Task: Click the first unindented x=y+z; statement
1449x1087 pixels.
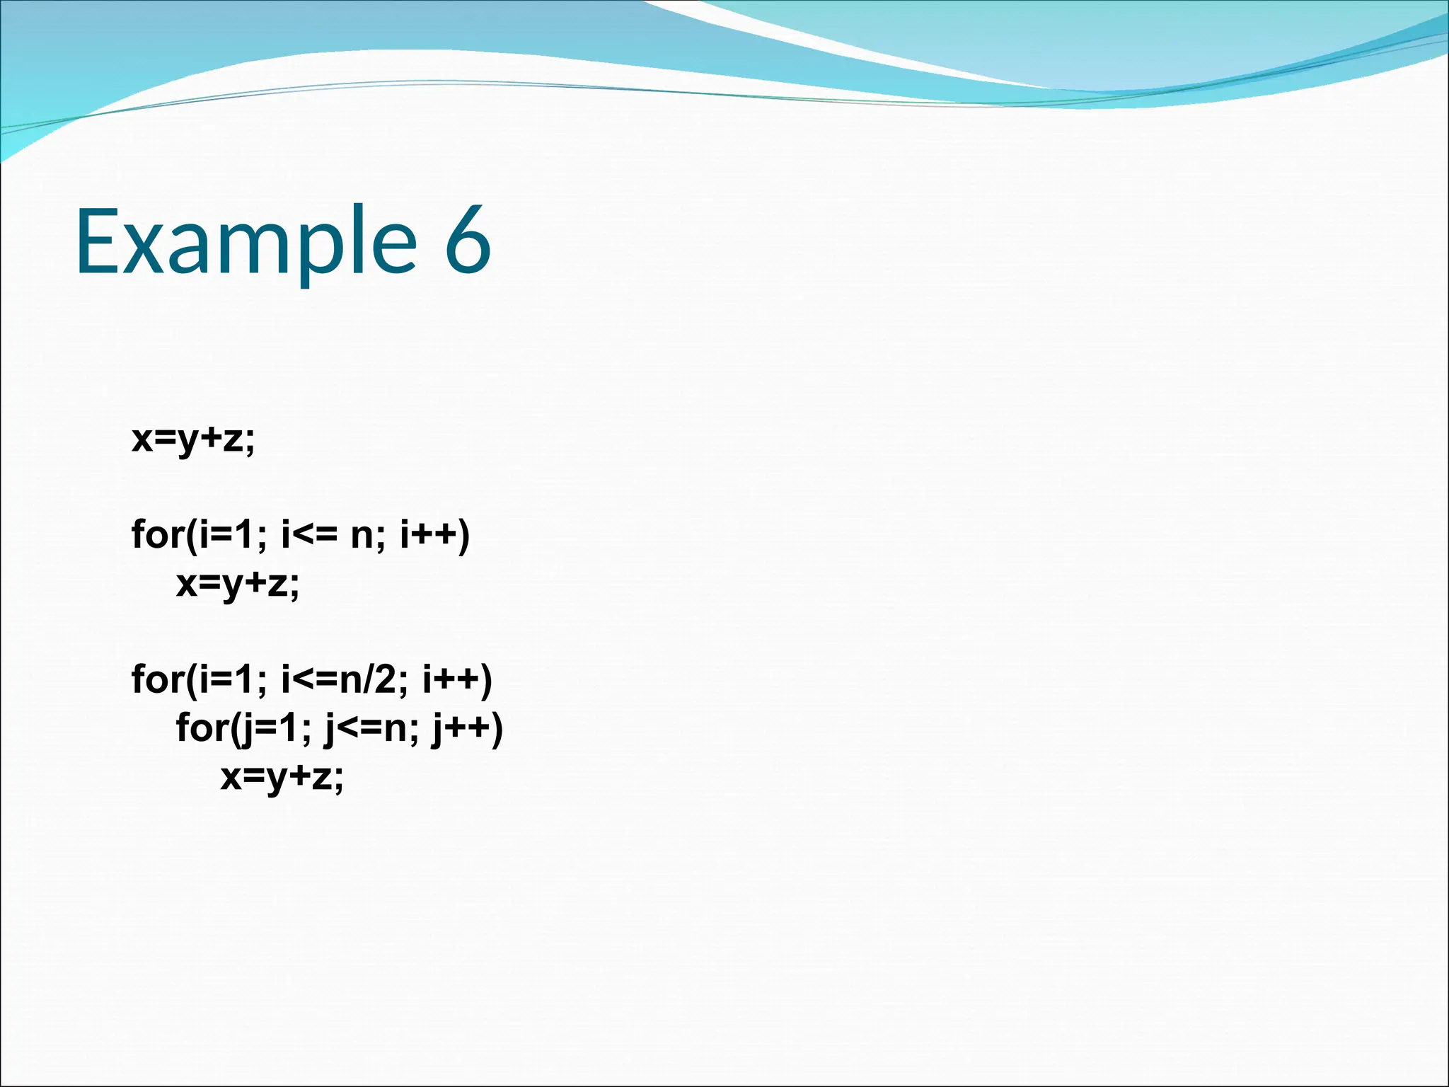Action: coord(192,439)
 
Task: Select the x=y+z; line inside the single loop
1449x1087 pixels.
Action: coord(238,585)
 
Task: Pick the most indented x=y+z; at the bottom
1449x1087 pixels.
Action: coord(282,777)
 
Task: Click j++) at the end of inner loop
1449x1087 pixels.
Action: coord(468,728)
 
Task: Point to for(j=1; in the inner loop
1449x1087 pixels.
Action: coord(243,728)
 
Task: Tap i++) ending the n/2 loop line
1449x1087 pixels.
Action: coord(457,680)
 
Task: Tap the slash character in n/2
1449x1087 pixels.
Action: coord(368,680)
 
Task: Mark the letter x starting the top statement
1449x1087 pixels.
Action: coord(142,439)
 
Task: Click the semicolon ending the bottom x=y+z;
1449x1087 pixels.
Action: coord(339,780)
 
